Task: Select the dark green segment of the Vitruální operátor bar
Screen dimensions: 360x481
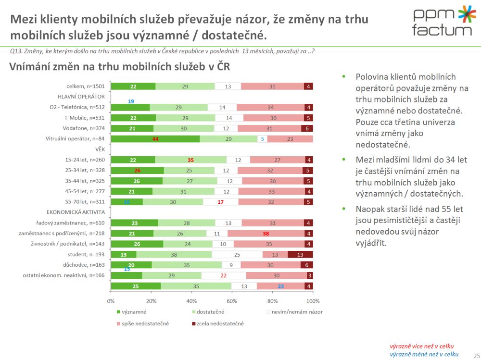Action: click(155, 139)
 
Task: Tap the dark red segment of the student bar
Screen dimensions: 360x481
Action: click(300, 254)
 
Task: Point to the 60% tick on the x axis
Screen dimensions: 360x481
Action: click(232, 301)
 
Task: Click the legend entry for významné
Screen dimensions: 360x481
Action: click(135, 312)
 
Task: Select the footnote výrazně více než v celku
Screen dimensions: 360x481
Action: click(421, 346)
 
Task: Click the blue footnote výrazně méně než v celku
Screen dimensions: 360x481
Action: click(424, 354)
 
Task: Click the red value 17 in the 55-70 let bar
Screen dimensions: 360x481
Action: click(220, 202)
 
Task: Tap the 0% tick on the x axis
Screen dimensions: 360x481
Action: click(111, 301)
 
